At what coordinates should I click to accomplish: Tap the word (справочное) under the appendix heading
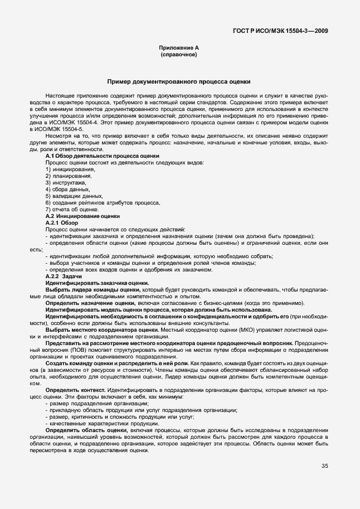pyautogui.click(x=179, y=55)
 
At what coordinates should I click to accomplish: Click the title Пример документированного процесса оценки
pyautogui.click(x=179, y=81)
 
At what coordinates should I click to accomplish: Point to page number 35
pyautogui.click(x=324, y=467)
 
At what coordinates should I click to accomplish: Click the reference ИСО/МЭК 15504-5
pyautogui.click(x=57, y=128)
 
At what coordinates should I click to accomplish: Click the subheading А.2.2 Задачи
pyautogui.click(x=64, y=276)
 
